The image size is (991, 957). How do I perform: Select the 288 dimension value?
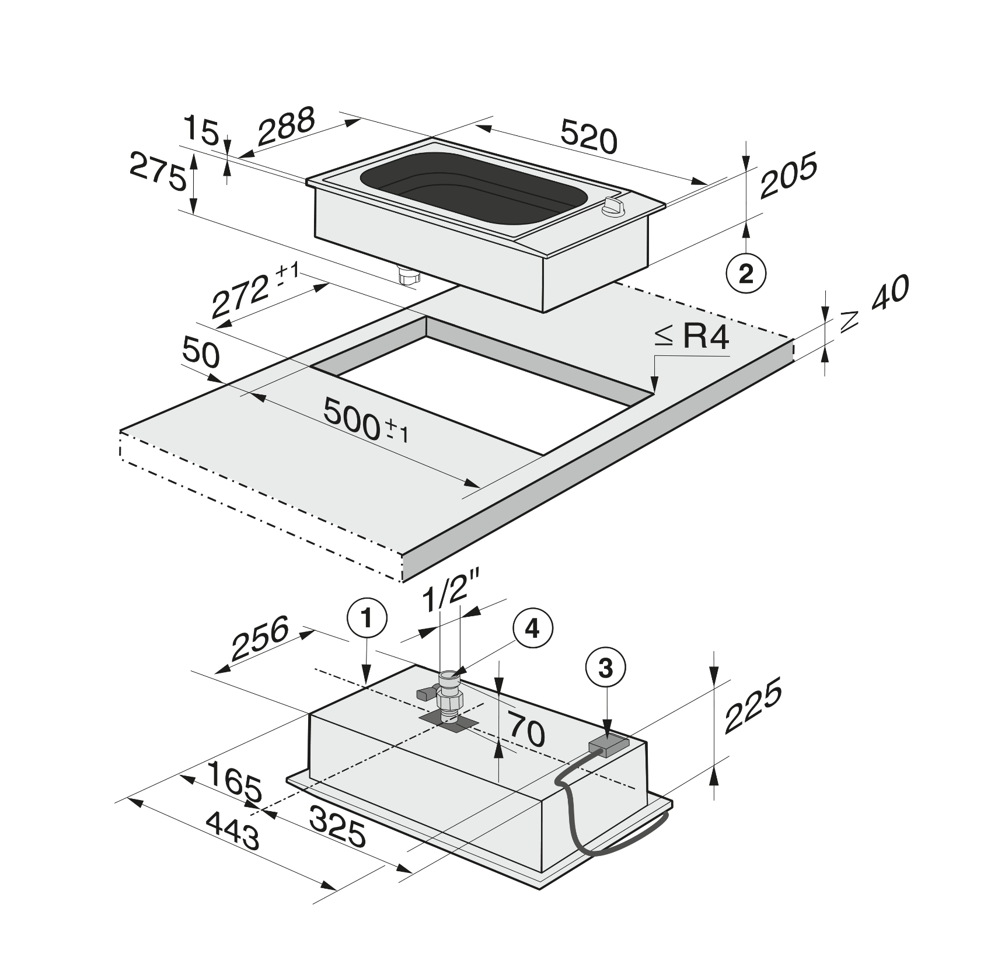click(287, 127)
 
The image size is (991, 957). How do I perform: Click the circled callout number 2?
click(746, 274)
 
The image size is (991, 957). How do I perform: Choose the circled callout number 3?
click(606, 668)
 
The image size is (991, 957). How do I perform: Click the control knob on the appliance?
click(615, 207)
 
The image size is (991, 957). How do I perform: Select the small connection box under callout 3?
click(608, 746)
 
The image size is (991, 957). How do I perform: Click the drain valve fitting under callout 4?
click(447, 696)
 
